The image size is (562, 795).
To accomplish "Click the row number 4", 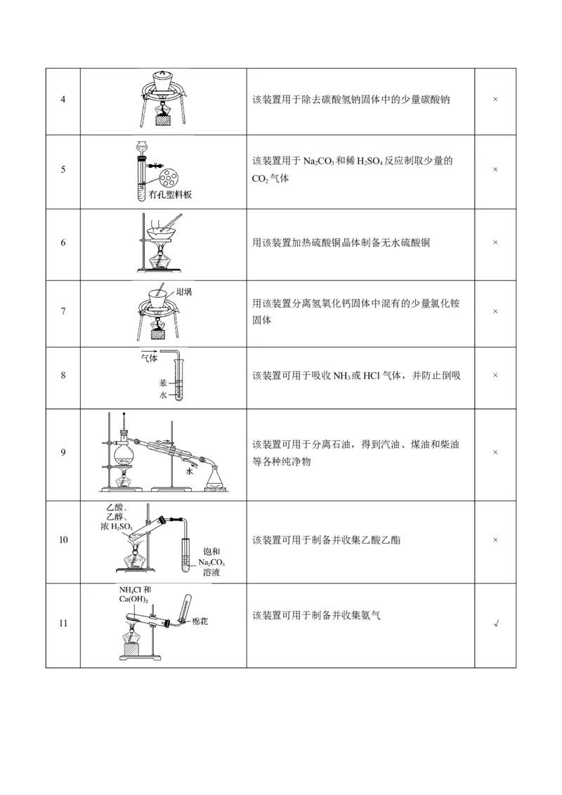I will click(63, 100).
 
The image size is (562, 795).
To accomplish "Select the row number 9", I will click(63, 452).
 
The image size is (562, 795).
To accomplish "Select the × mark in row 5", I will click(495, 170).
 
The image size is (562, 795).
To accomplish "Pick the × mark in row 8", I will click(495, 376).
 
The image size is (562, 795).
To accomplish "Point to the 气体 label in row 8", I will click(149, 358).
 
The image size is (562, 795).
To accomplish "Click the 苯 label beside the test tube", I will click(162, 383).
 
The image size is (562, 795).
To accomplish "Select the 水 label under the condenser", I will click(189, 472).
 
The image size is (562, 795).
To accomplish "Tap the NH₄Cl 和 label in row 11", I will click(134, 589).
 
